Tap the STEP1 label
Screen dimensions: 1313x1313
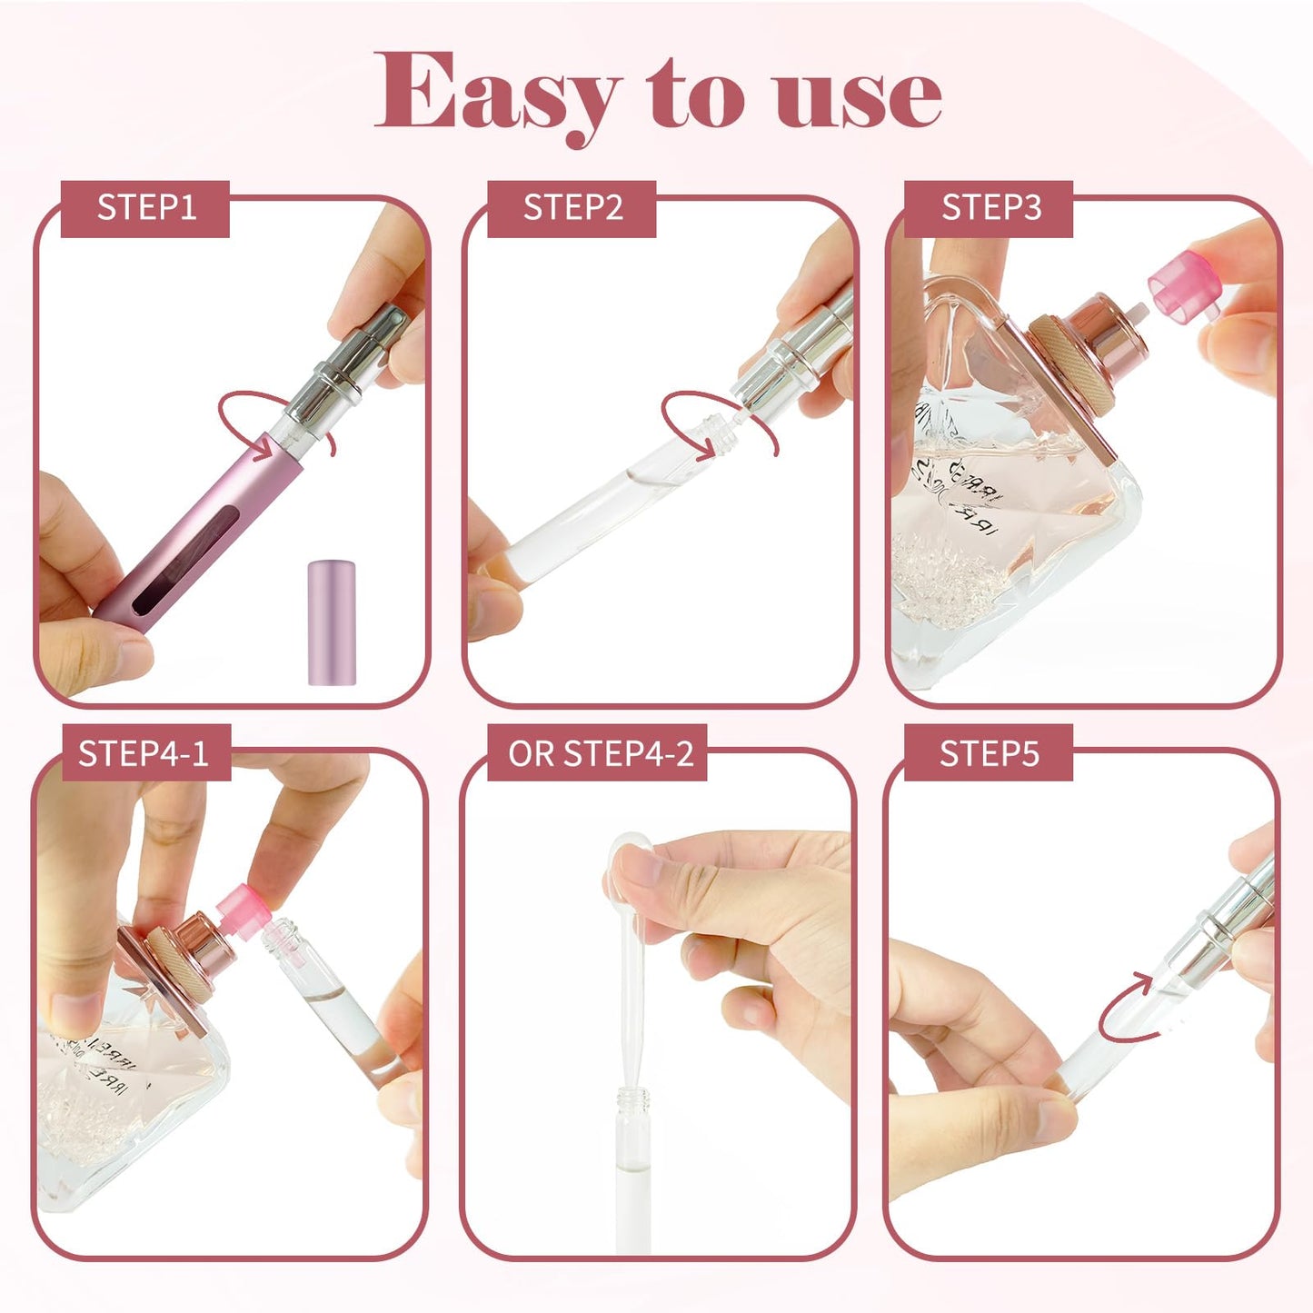click(145, 208)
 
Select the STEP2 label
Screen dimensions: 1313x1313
click(572, 208)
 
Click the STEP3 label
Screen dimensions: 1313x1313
click(990, 208)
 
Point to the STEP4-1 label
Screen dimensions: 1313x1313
click(144, 753)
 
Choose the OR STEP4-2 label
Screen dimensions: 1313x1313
click(599, 753)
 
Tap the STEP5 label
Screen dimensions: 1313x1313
click(988, 753)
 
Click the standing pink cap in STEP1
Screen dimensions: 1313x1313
click(331, 622)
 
